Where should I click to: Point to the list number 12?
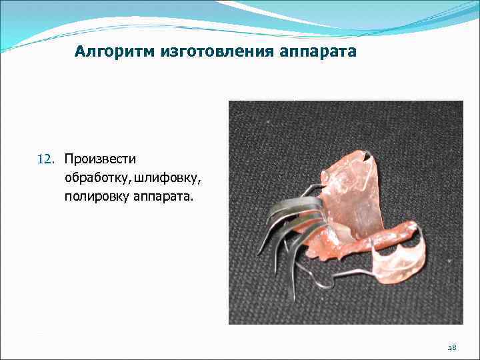[45, 159]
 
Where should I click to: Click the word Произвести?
[100, 159]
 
